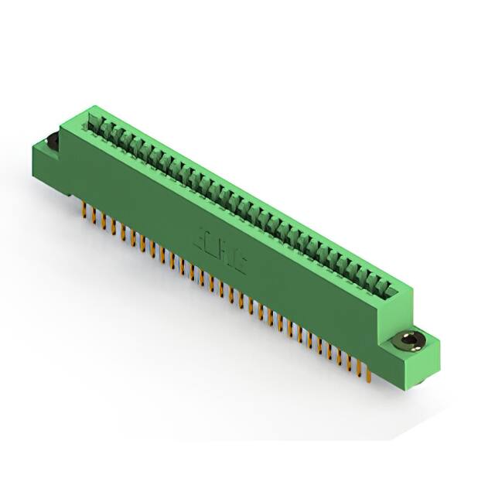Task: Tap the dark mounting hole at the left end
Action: click(x=52, y=142)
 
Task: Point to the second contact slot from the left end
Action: click(x=105, y=128)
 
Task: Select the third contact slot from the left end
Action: click(x=114, y=134)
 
